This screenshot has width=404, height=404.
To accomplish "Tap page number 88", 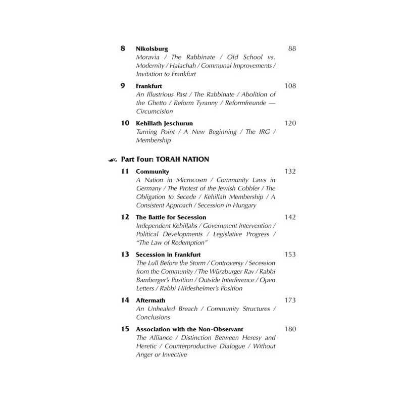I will [x=291, y=49].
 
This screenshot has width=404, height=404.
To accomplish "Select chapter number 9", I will [x=123, y=86].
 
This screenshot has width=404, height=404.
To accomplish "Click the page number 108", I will [x=290, y=86].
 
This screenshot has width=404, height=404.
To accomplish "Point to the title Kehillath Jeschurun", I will [x=164, y=123].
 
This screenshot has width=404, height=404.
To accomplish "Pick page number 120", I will [x=290, y=123].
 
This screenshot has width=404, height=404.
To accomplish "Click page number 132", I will [x=290, y=172].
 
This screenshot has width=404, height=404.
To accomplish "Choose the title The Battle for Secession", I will [x=171, y=217].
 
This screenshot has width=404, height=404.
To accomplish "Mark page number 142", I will [x=290, y=217].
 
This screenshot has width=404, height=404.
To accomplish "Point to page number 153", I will [x=290, y=255].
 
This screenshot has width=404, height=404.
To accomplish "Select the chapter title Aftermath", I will [x=151, y=300].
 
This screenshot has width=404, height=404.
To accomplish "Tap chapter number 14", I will [x=125, y=300].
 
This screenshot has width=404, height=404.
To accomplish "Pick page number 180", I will [x=290, y=329].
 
